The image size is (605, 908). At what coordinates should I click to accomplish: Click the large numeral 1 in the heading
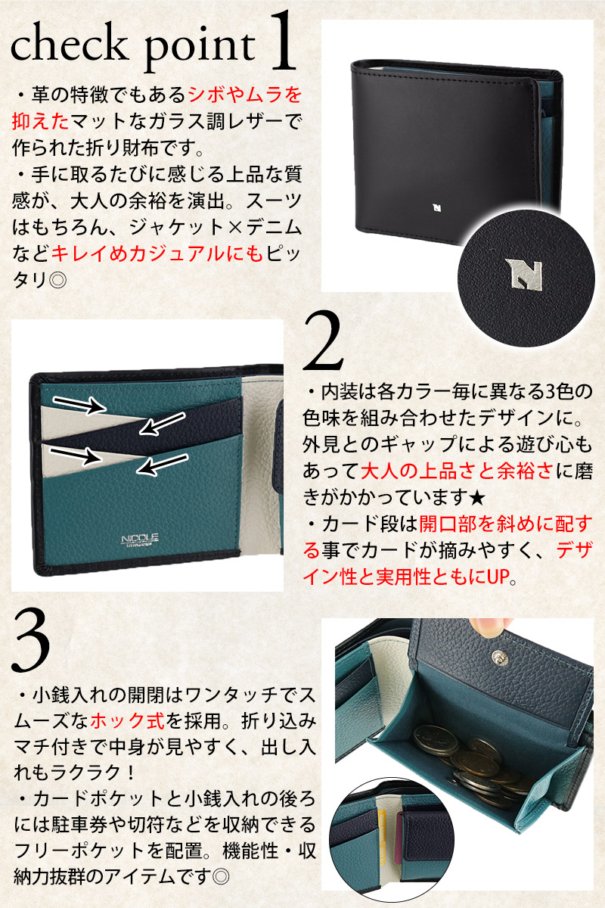284,42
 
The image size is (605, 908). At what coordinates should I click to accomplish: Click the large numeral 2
323,340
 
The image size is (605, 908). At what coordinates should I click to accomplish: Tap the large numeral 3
31,643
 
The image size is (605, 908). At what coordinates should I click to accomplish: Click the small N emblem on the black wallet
436,208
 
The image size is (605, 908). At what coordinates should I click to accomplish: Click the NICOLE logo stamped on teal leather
140,540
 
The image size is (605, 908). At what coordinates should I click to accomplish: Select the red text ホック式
128,720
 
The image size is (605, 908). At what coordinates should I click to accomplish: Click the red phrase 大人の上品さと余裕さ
458,471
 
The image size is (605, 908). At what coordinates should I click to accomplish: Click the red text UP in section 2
498,577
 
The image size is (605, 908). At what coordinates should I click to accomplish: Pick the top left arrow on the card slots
79,405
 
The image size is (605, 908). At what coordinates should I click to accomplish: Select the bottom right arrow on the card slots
163,463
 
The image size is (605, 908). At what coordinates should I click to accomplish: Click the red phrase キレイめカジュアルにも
157,253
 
